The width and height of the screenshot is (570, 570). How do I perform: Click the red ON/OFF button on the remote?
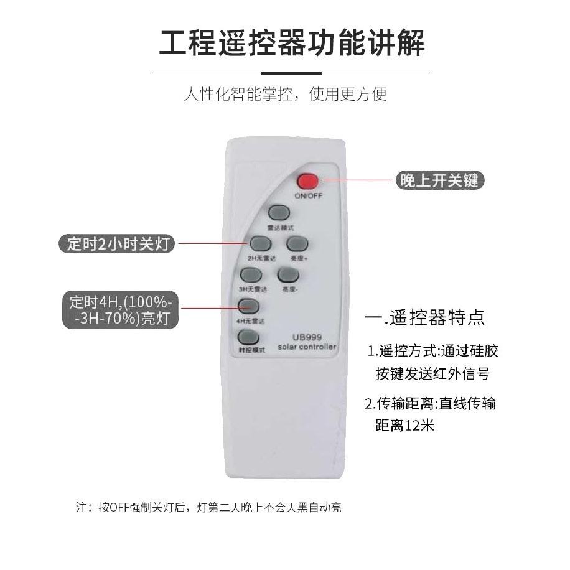pyautogui.click(x=307, y=181)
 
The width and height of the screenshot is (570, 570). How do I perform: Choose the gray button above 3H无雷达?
pyautogui.click(x=250, y=275)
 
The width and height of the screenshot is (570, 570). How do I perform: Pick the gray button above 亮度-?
pyautogui.click(x=287, y=274)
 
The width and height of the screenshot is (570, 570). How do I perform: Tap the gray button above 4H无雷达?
pyautogui.click(x=248, y=306)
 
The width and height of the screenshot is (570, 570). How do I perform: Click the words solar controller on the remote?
pyautogui.click(x=307, y=347)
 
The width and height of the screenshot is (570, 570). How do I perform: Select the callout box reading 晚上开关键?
pyautogui.click(x=439, y=180)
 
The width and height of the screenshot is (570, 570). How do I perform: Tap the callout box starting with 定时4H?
pyautogui.click(x=121, y=311)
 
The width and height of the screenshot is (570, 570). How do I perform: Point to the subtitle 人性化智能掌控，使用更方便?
pyautogui.click(x=285, y=94)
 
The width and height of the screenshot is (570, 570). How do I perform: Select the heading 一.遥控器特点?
pyautogui.click(x=425, y=318)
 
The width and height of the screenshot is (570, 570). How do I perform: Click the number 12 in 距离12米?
pyautogui.click(x=413, y=426)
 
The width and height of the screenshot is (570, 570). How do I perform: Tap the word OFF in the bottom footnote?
pyautogui.click(x=119, y=508)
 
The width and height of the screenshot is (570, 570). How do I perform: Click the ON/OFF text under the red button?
pyautogui.click(x=308, y=196)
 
